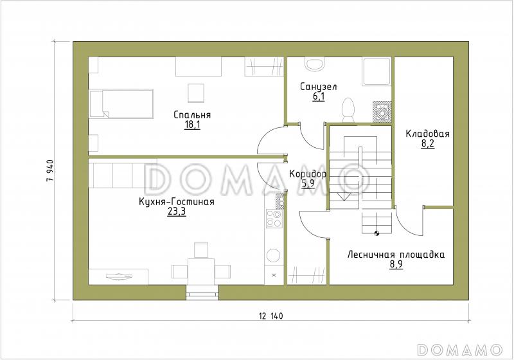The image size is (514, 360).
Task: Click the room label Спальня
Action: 192,115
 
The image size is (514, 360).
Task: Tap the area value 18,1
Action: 192,125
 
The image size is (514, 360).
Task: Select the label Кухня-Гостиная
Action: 176,202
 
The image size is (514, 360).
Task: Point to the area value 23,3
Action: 177,212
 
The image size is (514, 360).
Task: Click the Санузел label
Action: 318,87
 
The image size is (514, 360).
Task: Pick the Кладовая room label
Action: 427,134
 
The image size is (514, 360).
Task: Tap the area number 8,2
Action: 428,144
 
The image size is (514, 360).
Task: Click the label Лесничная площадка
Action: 396,255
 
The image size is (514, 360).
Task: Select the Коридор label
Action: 308,174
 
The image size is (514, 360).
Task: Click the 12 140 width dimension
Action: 270,316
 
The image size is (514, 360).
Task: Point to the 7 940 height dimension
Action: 50,171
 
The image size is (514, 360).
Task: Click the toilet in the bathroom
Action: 348,110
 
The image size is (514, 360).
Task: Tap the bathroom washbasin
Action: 315,64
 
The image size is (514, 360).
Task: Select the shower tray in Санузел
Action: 377,72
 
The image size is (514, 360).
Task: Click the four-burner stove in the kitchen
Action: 274,219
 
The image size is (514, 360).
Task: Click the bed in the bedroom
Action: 121,104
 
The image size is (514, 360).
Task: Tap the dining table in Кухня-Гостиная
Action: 201,271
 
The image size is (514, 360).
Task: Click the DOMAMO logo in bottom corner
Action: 460,350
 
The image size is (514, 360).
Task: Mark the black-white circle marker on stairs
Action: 377,233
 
